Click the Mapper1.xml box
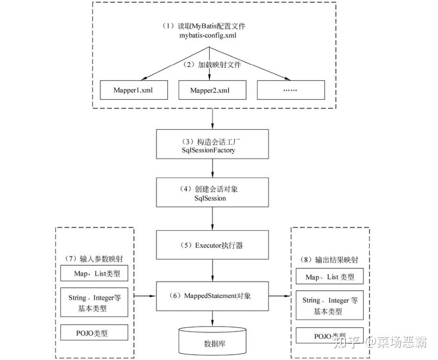tap(134, 90)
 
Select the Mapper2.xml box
tap(212, 90)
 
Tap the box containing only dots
tap(291, 90)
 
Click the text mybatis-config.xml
tap(208, 35)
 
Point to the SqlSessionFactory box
tap(212, 144)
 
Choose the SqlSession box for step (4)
tap(212, 192)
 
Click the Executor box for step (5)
tap(212, 245)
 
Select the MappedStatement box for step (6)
tap(212, 296)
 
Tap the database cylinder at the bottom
tap(212, 340)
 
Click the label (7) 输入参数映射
tap(94, 259)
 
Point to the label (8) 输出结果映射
tap(329, 260)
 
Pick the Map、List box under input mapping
tap(94, 273)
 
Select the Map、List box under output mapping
tap(330, 276)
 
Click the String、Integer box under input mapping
tap(94, 302)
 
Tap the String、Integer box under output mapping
tap(330, 305)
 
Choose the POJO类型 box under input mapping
tap(94, 333)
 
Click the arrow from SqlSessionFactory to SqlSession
tap(212, 168)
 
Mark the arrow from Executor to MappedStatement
tap(212, 270)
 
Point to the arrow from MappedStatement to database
tap(212, 318)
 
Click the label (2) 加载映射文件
tap(212, 65)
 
